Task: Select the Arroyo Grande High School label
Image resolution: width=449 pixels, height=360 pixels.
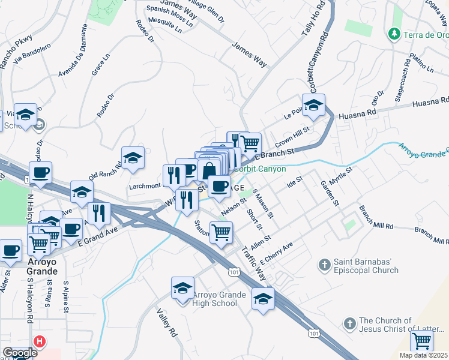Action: [215, 299]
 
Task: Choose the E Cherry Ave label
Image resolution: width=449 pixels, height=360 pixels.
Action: [276, 253]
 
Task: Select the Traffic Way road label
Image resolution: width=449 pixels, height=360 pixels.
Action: [255, 263]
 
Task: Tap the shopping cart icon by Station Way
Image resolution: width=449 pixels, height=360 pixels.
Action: [221, 232]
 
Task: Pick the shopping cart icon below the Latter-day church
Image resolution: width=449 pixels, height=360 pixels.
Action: [421, 341]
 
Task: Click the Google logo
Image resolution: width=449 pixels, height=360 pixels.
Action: [20, 353]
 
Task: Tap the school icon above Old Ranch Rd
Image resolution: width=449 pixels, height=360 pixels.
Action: [133, 158]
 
